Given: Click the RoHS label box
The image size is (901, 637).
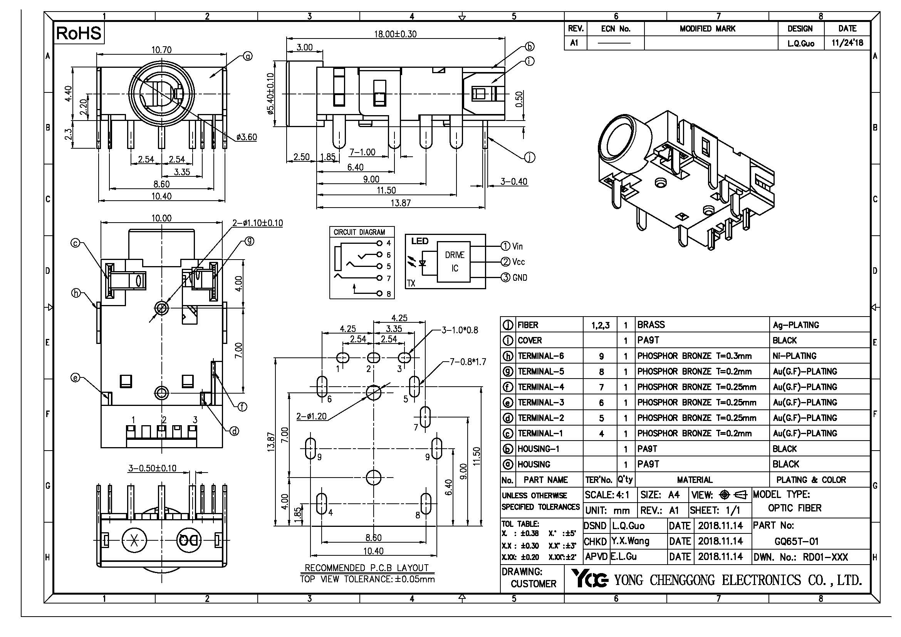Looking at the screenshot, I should coord(79,33).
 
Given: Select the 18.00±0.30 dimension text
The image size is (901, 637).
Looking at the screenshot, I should coord(395,34).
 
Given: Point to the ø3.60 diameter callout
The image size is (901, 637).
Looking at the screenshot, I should coord(247,137).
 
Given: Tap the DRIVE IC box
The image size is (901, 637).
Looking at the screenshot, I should coord(455,262).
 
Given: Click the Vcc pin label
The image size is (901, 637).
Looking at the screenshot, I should coord(518,262).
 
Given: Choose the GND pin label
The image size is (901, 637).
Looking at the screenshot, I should coord(520,278).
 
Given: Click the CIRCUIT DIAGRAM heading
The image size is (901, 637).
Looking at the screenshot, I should coord(359,232).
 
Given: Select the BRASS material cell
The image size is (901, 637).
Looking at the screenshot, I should coord(651,325).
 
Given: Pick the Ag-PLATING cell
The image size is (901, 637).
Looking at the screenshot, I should coord(796,325).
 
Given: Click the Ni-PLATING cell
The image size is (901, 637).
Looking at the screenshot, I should coord(794,356).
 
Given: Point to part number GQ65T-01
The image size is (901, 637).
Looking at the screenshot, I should coord(796,542).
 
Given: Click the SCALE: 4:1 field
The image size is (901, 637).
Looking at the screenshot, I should coord(607,495).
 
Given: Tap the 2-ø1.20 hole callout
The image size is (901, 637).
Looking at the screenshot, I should coord(311,417).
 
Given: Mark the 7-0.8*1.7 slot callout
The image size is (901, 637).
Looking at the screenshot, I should coord(468,362).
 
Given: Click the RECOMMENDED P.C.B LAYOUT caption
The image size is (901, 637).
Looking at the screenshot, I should coord(367,568).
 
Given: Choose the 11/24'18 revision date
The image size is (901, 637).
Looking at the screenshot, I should coord(847,43).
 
